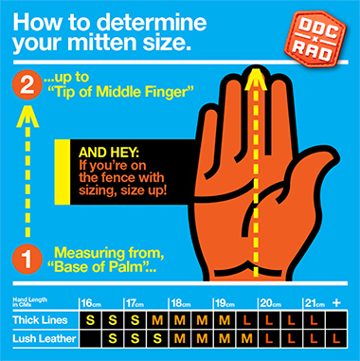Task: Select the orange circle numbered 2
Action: [27, 86]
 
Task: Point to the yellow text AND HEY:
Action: [109, 153]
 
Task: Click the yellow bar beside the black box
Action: [63, 171]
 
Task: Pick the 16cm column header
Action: [91, 304]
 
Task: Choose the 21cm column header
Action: [315, 304]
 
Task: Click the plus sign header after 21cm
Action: [336, 303]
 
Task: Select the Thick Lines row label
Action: [40, 320]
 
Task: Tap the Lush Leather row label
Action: [45, 338]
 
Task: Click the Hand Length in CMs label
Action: [30, 302]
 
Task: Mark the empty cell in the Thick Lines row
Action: [336, 320]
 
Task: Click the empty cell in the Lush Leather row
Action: [90, 339]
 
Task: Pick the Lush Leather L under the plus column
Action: [336, 339]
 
